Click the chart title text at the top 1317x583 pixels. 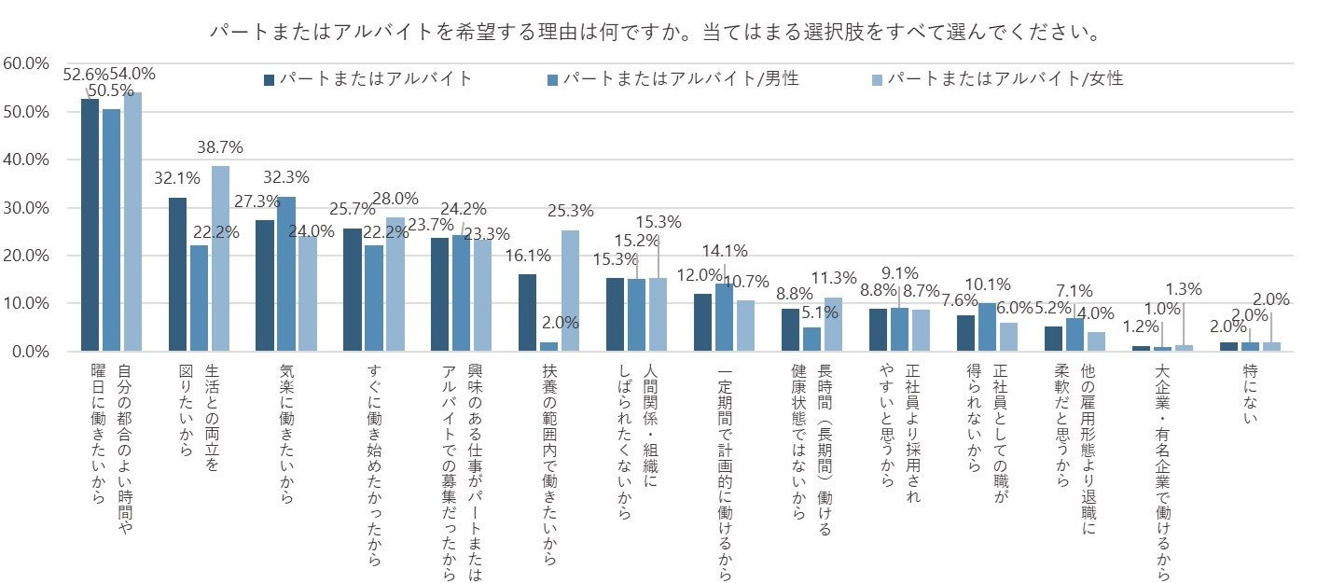(653, 33)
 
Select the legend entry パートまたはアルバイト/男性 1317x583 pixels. (680, 79)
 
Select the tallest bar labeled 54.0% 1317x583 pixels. (132, 221)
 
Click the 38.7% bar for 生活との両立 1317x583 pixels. (219, 258)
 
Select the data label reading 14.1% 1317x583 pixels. (724, 250)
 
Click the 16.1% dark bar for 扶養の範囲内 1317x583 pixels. (527, 312)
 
